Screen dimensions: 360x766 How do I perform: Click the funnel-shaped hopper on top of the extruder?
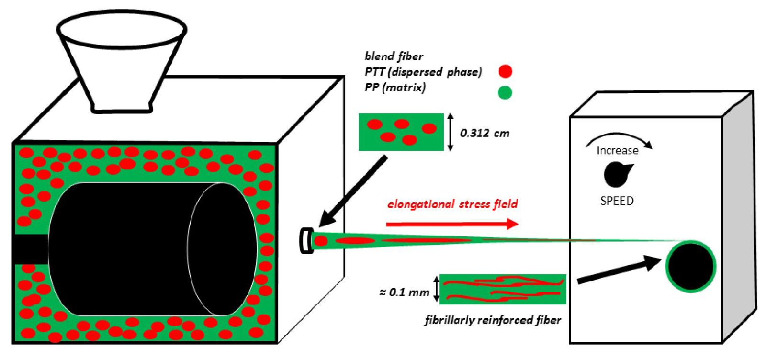(122, 57)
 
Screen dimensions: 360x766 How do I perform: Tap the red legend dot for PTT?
(505, 71)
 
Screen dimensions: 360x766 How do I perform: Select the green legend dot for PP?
(505, 92)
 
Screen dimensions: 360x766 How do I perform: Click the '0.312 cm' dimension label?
(484, 133)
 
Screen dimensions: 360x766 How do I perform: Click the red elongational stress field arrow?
(452, 224)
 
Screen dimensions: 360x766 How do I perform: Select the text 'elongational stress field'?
(452, 204)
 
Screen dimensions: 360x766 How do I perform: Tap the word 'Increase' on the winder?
(617, 151)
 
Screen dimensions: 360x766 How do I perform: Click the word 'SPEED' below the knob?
(617, 201)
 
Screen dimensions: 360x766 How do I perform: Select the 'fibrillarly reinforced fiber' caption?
(493, 320)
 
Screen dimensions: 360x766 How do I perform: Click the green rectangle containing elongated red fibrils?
(502, 289)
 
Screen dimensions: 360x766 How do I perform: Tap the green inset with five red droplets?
(401, 132)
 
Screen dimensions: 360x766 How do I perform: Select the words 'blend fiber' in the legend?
(394, 56)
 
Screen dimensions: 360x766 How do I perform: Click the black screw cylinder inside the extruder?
(153, 249)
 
